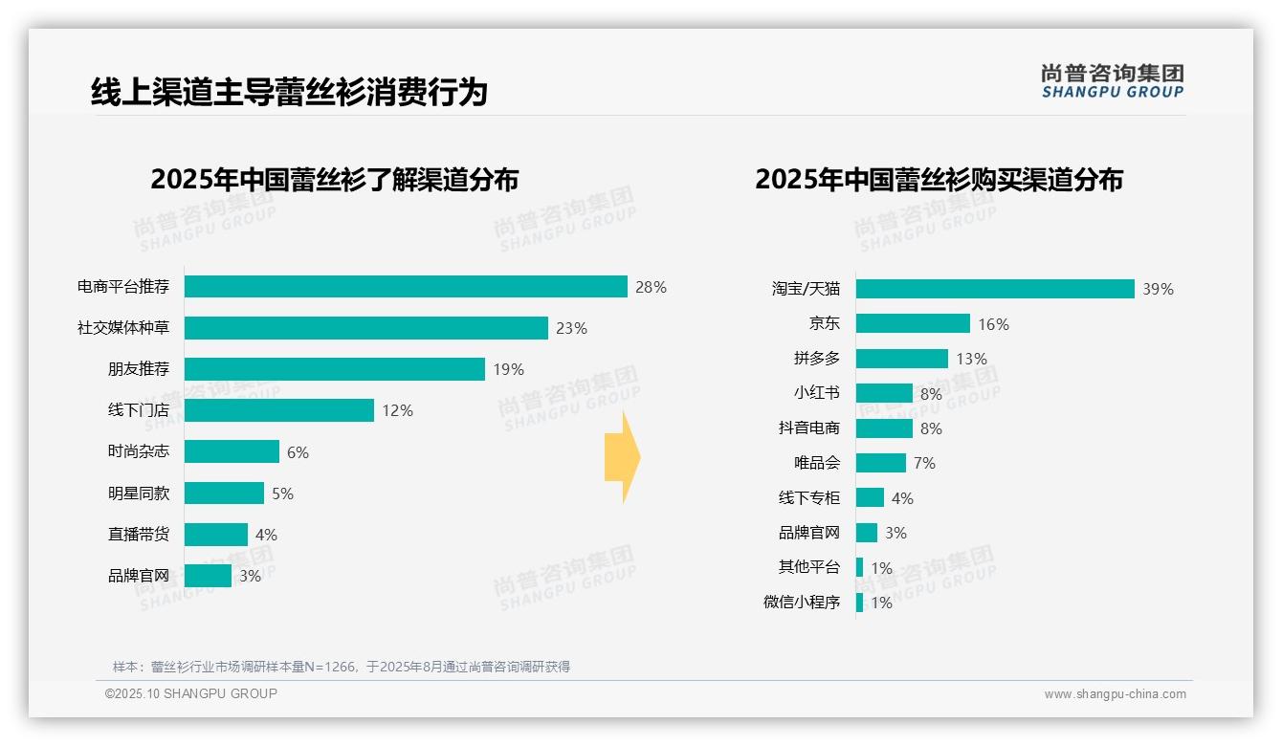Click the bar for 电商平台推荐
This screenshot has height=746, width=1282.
click(406, 287)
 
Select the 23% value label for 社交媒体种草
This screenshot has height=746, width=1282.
click(571, 328)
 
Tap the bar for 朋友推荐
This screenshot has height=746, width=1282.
click(335, 369)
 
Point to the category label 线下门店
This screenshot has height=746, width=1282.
click(139, 410)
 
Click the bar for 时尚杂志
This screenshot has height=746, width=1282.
click(232, 451)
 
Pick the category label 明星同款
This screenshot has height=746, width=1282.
click(139, 494)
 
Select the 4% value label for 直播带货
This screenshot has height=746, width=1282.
click(266, 535)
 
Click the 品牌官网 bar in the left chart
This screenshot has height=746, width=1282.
click(208, 576)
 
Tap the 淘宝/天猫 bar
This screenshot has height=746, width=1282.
click(995, 289)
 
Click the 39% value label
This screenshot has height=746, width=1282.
click(1158, 289)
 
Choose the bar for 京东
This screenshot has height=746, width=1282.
click(913, 323)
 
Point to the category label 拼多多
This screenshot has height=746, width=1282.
click(816, 359)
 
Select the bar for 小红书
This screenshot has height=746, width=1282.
click(884, 393)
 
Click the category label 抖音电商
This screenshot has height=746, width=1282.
click(809, 428)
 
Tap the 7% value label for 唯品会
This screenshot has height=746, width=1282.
click(924, 463)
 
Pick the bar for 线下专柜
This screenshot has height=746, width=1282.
click(870, 497)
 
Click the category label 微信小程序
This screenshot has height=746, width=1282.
click(802, 603)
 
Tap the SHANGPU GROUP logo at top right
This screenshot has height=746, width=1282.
click(1112, 81)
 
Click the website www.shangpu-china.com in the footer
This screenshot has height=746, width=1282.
click(1115, 694)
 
